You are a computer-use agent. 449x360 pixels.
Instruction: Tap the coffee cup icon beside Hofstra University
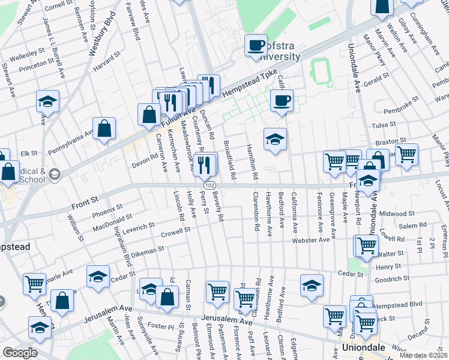tap(256, 46)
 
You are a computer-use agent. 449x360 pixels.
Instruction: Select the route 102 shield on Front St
tap(208, 186)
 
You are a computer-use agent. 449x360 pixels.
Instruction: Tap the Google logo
tap(20, 353)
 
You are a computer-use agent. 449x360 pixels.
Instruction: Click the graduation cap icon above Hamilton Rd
tap(275, 139)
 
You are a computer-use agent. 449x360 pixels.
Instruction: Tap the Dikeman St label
tap(145, 250)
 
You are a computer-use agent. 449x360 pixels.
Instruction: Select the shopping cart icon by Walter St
tap(366, 245)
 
